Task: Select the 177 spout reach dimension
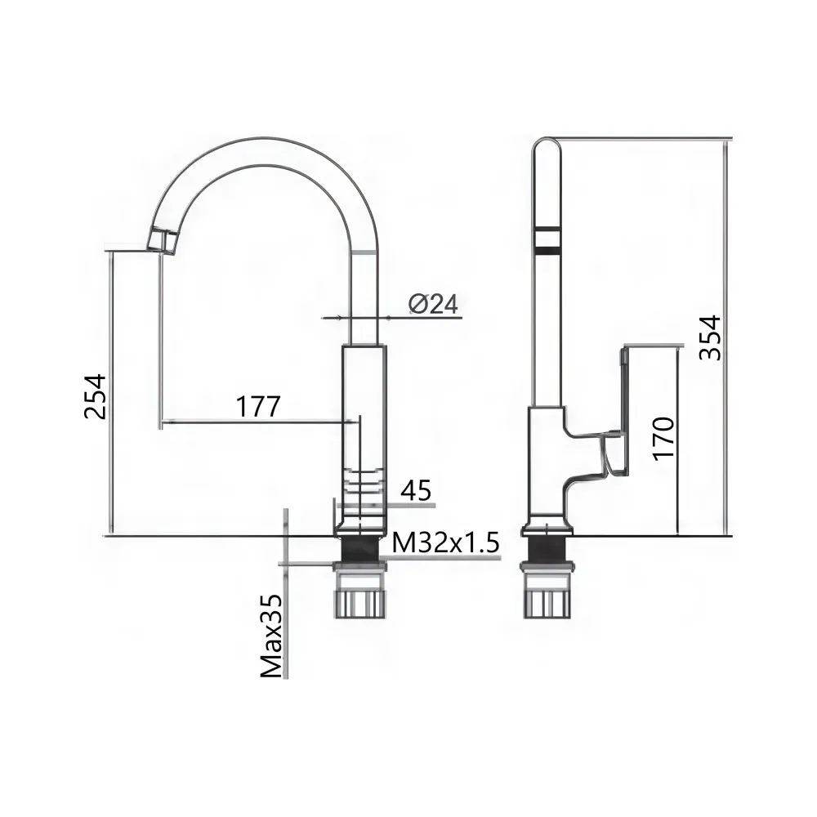[x=258, y=405]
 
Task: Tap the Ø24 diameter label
[x=433, y=304]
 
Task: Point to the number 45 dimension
[x=416, y=490]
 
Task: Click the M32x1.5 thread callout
[x=444, y=542]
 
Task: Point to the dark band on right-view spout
[x=547, y=238]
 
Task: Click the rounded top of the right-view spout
[x=547, y=147]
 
